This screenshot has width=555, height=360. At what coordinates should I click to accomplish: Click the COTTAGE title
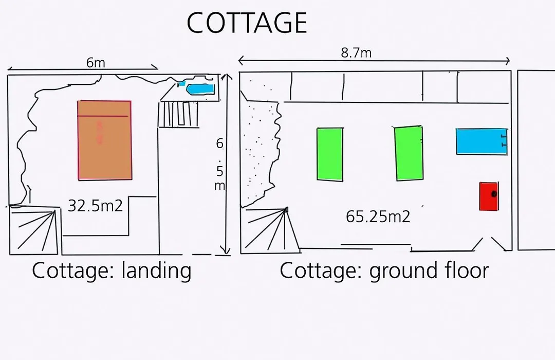pyautogui.click(x=247, y=23)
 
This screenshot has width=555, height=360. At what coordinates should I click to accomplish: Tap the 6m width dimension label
pyautogui.click(x=96, y=63)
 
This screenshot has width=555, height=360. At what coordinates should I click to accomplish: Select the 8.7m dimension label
pyautogui.click(x=356, y=53)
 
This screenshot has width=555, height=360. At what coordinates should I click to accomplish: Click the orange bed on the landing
pyautogui.click(x=105, y=140)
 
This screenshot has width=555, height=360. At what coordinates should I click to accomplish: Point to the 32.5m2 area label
pyautogui.click(x=95, y=206)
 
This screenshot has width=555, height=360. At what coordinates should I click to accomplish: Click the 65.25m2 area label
pyautogui.click(x=378, y=217)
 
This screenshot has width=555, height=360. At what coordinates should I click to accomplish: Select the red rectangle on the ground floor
pyautogui.click(x=489, y=196)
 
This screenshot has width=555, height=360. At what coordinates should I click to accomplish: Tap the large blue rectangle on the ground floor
pyautogui.click(x=482, y=141)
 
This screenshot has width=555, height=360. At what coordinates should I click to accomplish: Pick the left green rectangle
pyautogui.click(x=330, y=154)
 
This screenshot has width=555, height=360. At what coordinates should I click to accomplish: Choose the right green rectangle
pyautogui.click(x=409, y=153)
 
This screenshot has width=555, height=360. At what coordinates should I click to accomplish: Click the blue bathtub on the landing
pyautogui.click(x=200, y=89)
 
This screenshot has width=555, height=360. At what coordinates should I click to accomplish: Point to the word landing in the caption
pyautogui.click(x=156, y=271)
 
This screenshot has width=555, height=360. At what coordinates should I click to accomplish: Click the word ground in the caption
pyautogui.click(x=399, y=271)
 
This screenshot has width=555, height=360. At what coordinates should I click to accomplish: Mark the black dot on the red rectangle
pyautogui.click(x=494, y=194)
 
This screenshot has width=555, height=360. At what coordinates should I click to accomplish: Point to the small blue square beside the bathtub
pyautogui.click(x=182, y=84)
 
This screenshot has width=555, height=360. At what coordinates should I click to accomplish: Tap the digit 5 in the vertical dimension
pyautogui.click(x=219, y=171)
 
